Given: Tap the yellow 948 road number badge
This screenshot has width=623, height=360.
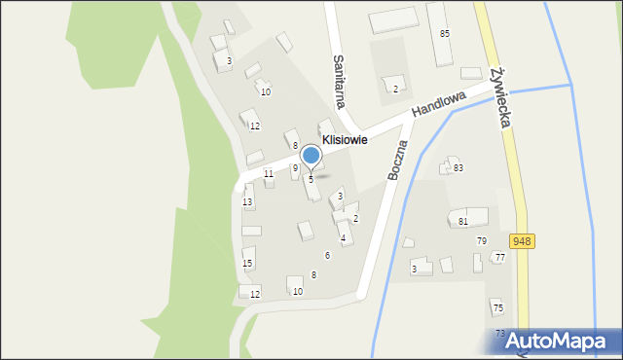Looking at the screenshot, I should point(522,240).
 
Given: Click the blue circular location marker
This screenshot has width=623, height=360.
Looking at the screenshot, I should point(311,156).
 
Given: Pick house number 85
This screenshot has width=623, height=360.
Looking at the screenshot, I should point(445,34).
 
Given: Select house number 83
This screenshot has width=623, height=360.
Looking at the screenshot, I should point(458,168).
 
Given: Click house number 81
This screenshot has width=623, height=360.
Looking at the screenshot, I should point(463,222).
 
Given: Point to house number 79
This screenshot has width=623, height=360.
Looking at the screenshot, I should point(481,240).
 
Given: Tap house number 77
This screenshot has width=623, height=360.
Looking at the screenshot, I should point(499,257).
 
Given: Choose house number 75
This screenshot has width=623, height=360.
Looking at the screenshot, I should point(498,307).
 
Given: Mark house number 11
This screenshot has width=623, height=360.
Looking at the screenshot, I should point(269,173).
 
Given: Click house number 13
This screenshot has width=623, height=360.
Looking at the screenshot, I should point(248,202).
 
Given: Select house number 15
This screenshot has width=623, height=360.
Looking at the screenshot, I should point(247,264).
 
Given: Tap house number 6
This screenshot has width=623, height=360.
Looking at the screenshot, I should point(327,255).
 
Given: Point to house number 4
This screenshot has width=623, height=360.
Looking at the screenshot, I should point(343,238).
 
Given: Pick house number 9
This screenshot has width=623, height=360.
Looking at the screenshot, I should point(295,168).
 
